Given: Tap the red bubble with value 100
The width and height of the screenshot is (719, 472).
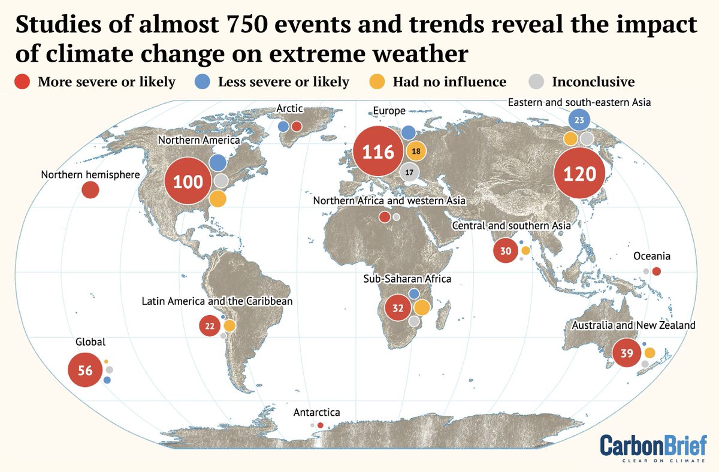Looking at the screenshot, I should (188, 181).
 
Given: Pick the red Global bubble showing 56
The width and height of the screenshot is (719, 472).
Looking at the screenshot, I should (85, 370).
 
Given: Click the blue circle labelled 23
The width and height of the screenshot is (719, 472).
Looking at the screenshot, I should (579, 120).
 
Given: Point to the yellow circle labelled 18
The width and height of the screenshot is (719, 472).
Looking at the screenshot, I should (415, 151).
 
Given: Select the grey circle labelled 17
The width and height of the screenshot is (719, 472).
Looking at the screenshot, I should (409, 173).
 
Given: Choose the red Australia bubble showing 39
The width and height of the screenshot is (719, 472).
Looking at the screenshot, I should (627, 353).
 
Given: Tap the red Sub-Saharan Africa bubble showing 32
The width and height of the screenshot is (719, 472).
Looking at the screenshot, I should (398, 308).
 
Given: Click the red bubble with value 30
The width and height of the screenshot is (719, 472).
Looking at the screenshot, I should (506, 250).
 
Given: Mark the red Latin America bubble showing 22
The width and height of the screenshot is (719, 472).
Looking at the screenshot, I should (210, 326).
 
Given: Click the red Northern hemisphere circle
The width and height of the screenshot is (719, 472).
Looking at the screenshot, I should (90, 190).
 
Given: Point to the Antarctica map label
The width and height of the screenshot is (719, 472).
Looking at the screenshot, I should (316, 413).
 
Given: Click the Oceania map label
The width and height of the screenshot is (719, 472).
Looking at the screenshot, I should (651, 256).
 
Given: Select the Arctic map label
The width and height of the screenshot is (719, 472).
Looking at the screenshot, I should (289, 109).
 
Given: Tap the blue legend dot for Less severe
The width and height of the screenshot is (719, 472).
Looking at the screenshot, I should (204, 81).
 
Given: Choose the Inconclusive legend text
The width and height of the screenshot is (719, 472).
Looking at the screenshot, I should (593, 81).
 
